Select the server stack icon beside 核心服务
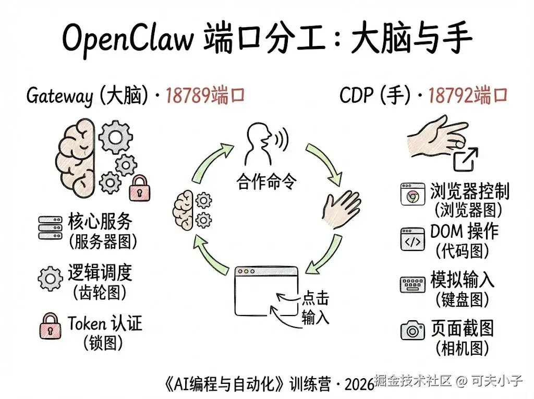coord(50,228)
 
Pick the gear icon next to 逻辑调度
coord(51,278)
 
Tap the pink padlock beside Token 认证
coord(50,328)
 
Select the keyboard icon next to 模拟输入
coord(412,285)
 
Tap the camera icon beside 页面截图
coord(412,330)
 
